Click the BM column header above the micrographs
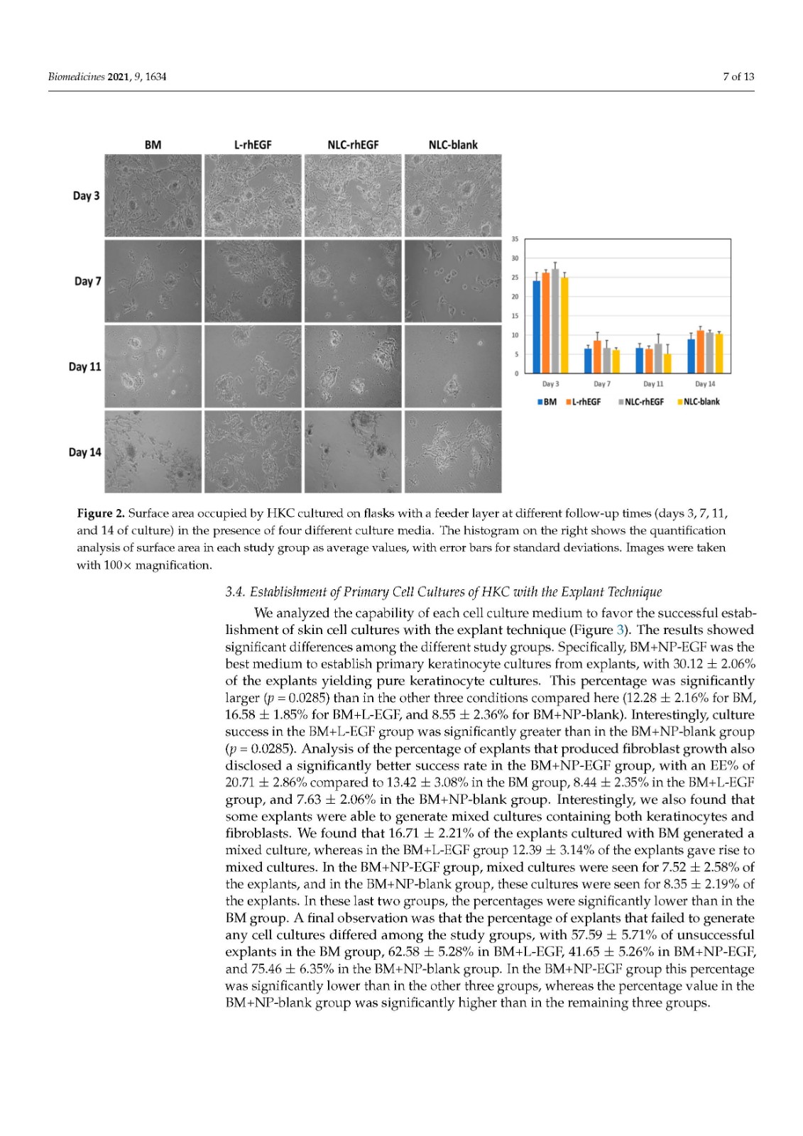pyautogui.click(x=153, y=145)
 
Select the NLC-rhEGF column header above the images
pyautogui.click(x=353, y=145)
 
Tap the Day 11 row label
pyautogui.click(x=85, y=367)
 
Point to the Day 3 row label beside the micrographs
pyautogui.click(x=87, y=196)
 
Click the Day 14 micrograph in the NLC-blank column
pyautogui.click(x=453, y=452)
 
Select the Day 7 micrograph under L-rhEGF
pyautogui.click(x=253, y=281)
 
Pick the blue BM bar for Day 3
pyautogui.click(x=537, y=327)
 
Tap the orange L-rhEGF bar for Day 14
pyautogui.click(x=701, y=352)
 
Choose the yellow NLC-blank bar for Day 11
pyautogui.click(x=667, y=364)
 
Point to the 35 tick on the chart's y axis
pyautogui.click(x=515, y=239)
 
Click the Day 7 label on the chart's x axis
pyautogui.click(x=601, y=384)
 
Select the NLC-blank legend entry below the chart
pyautogui.click(x=699, y=402)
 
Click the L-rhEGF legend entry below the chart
pyautogui.click(x=583, y=402)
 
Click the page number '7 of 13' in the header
pyautogui.click(x=738, y=77)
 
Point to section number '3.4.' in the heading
pyautogui.click(x=235, y=592)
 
